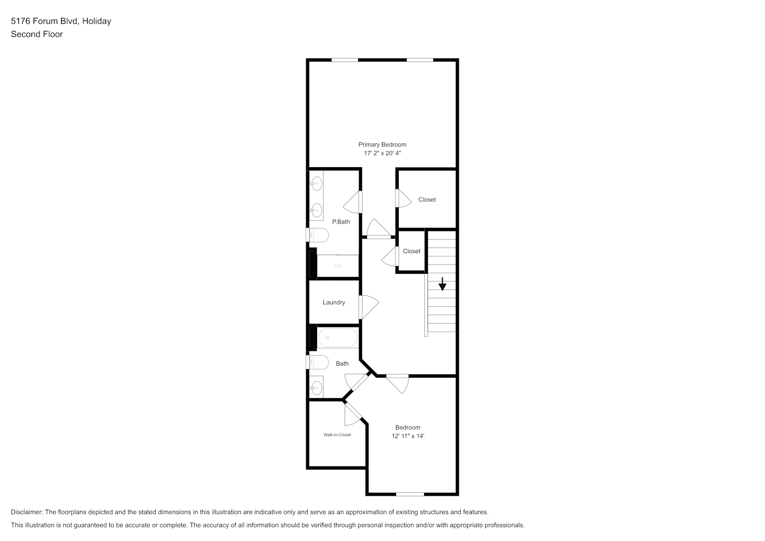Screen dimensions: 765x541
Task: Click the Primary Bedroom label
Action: point(382,144)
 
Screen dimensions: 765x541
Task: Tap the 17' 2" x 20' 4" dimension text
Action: point(382,153)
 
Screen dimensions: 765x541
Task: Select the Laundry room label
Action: point(334,302)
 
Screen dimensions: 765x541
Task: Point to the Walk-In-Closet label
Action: point(337,435)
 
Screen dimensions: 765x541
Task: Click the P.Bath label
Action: point(341,222)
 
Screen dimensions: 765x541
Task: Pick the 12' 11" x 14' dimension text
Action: point(408,436)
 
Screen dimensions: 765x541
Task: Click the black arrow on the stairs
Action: point(442,284)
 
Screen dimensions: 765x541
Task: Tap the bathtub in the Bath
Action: point(338,338)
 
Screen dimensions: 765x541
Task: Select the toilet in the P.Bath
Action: point(317,235)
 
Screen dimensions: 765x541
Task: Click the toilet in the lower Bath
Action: point(317,362)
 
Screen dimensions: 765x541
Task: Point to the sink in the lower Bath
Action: point(316,387)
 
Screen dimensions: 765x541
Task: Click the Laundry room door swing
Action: point(369,307)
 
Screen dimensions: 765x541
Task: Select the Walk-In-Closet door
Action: point(353,414)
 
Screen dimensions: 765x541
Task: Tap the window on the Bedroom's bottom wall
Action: point(410,494)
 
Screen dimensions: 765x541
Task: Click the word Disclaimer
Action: point(27,512)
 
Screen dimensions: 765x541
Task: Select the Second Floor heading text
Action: point(37,34)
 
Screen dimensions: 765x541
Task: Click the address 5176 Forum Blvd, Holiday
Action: point(61,21)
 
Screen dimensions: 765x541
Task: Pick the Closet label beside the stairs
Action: point(412,252)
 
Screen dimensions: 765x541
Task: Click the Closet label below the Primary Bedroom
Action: point(427,200)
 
